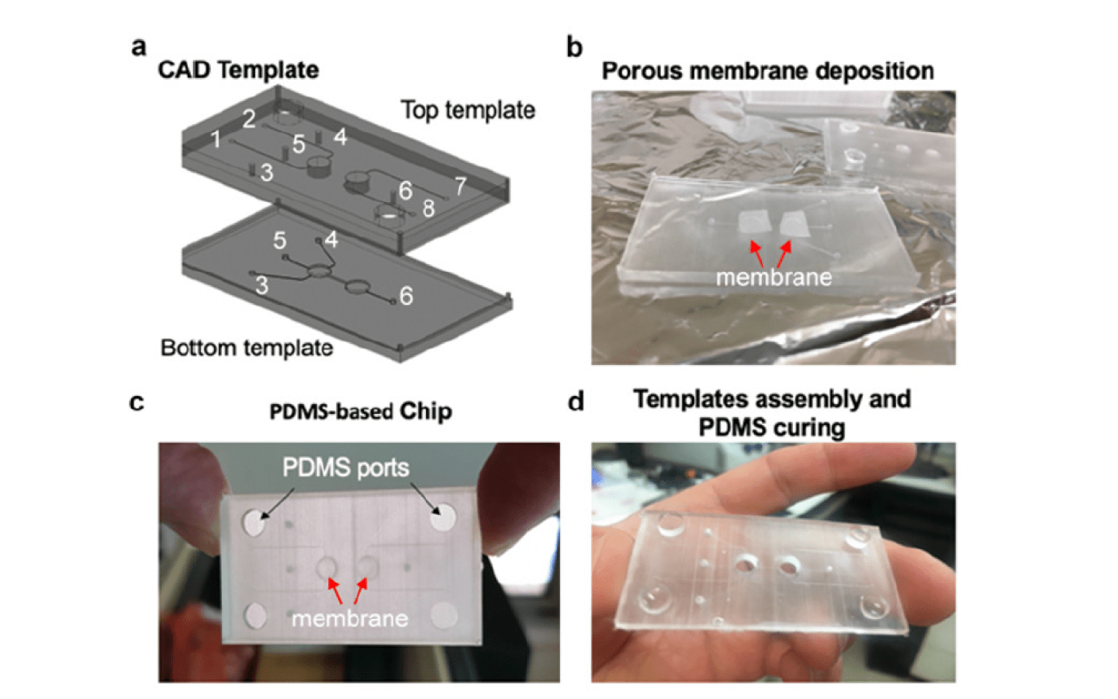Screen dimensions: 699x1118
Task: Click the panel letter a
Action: [x=139, y=47]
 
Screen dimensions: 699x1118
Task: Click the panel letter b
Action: [x=574, y=47]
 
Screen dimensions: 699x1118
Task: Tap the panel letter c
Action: [x=137, y=402]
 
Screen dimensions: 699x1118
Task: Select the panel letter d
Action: [x=576, y=402]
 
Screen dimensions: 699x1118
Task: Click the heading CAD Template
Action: [x=238, y=70]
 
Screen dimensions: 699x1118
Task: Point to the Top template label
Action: [x=468, y=110]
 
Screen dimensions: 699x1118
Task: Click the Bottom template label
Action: [x=247, y=347]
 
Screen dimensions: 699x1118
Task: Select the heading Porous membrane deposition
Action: [x=767, y=71]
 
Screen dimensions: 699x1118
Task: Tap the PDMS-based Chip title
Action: [x=360, y=411]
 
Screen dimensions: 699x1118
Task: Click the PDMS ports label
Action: [x=345, y=468]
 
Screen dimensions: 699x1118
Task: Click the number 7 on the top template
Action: [x=461, y=186]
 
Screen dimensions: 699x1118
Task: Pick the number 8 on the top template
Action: [x=428, y=208]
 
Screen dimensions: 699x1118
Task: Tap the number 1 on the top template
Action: [x=216, y=140]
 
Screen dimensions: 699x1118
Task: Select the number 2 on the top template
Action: [x=249, y=119]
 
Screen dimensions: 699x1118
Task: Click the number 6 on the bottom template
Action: [x=406, y=295]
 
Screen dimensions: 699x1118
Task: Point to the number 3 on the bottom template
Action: [x=262, y=286]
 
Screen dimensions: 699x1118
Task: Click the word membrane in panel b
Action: [x=774, y=277]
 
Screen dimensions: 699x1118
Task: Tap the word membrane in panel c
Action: [x=350, y=618]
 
